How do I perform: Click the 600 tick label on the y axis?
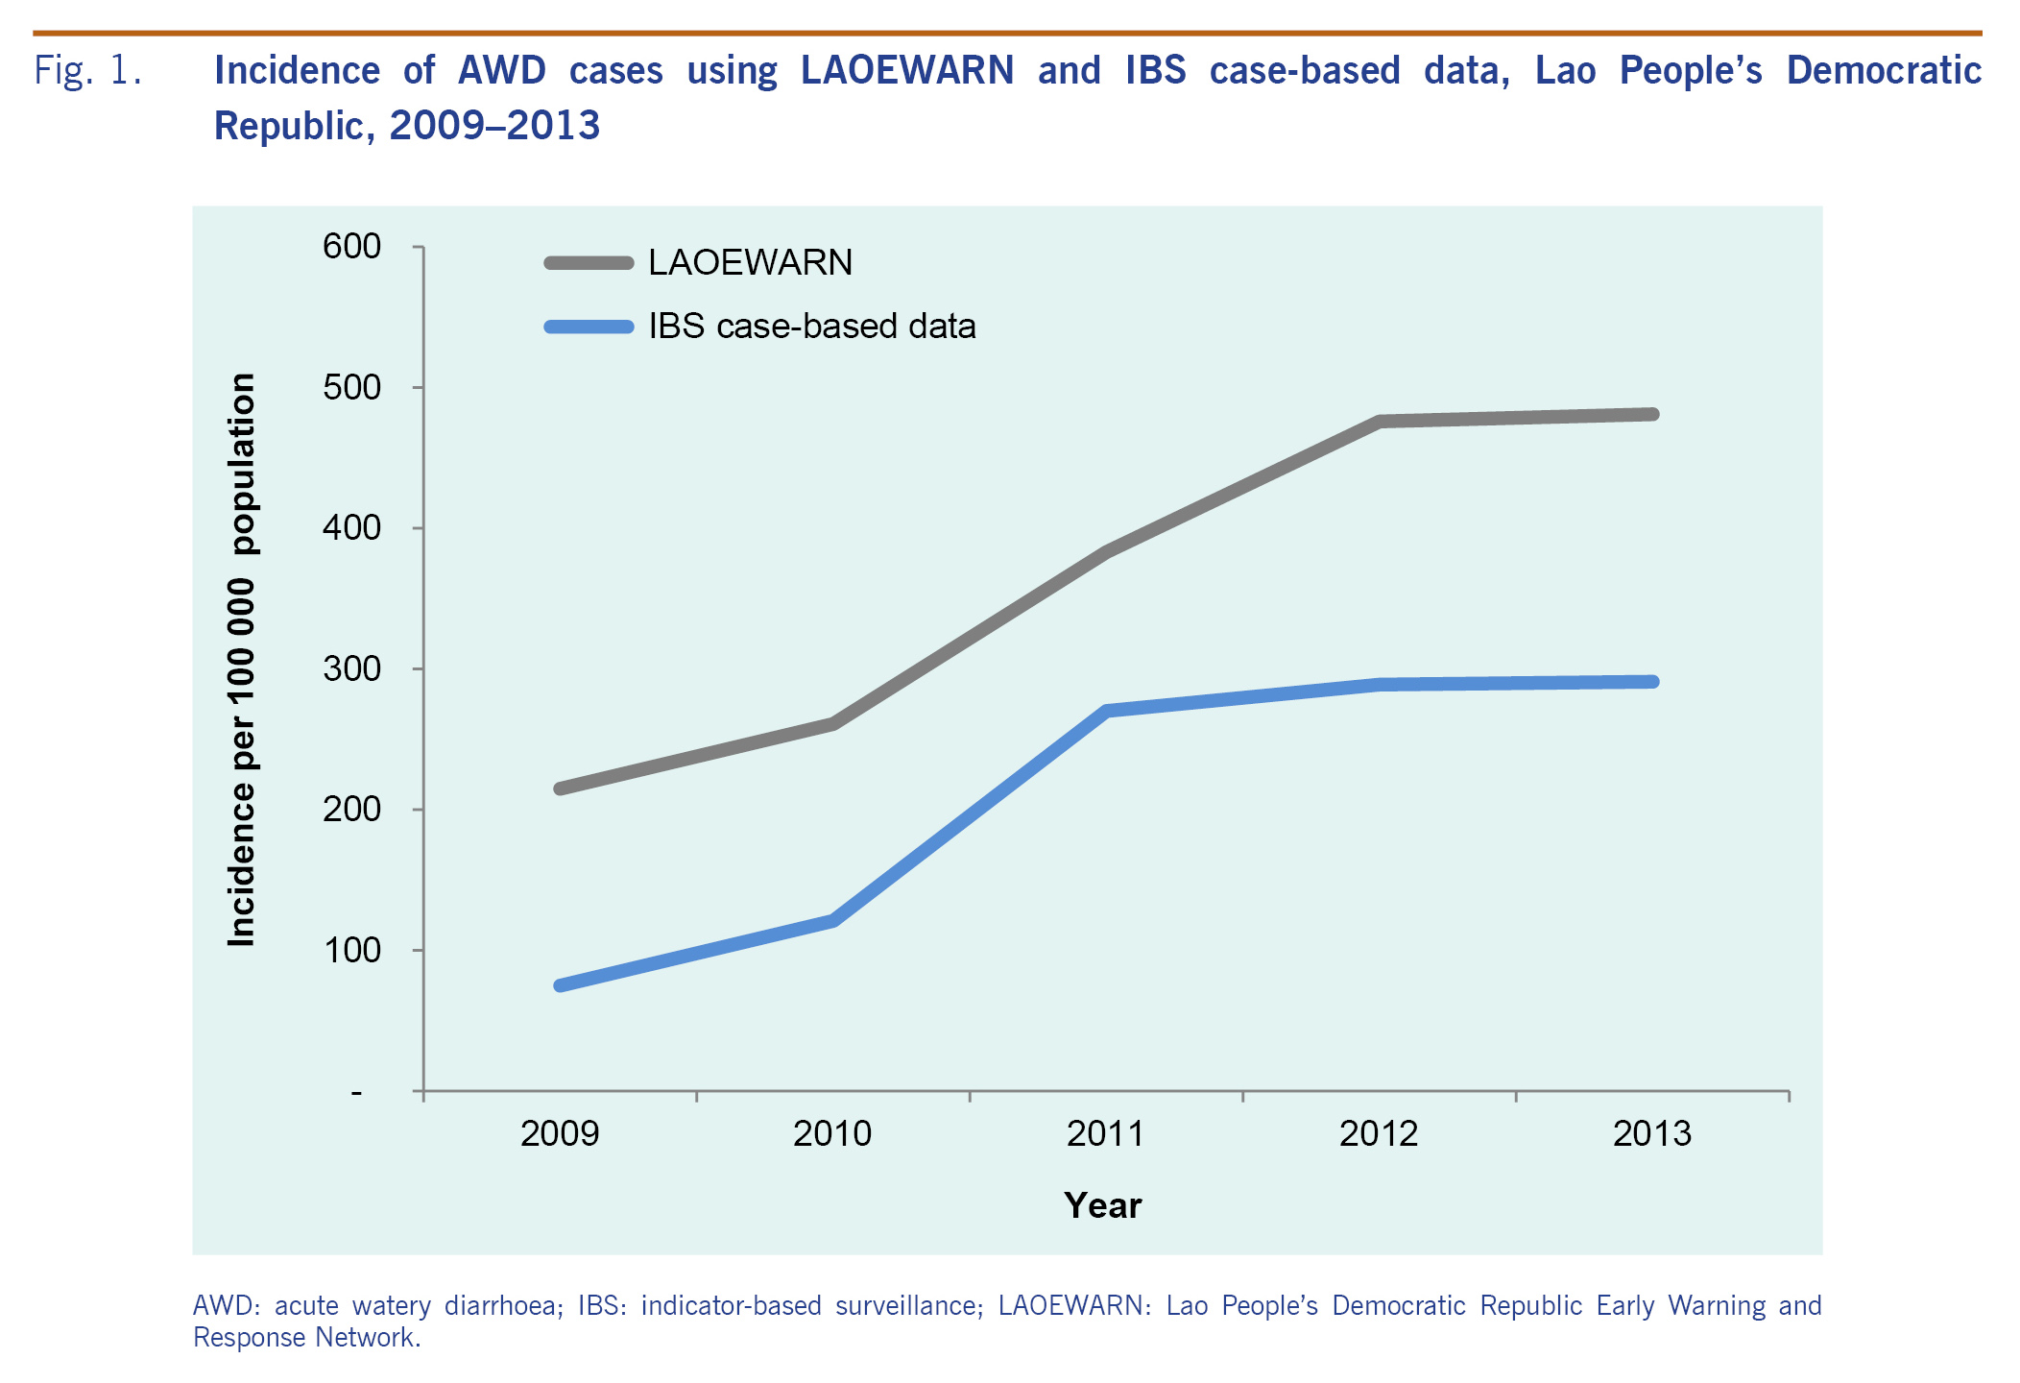point(351,247)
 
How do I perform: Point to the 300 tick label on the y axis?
point(351,668)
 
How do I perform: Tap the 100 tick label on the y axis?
point(351,951)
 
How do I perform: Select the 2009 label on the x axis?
point(560,1134)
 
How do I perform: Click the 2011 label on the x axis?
point(1105,1134)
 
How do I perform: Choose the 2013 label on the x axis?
point(1651,1134)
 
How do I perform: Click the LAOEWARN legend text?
point(750,263)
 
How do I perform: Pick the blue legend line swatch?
point(589,327)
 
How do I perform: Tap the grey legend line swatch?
point(589,263)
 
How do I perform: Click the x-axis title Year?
point(1103,1206)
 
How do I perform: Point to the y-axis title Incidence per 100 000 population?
point(242,660)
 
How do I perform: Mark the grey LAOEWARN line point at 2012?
point(1380,422)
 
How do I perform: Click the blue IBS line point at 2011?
point(1106,712)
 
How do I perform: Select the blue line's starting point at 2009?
point(560,985)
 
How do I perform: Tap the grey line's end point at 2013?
point(1651,415)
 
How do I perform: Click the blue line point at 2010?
point(832,921)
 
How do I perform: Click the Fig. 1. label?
point(88,71)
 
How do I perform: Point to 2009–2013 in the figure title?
point(494,126)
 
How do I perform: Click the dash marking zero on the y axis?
point(357,1093)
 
